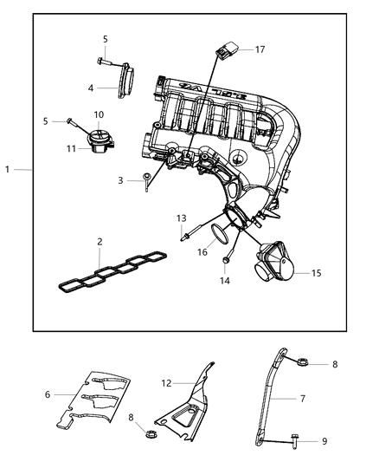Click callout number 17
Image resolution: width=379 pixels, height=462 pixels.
click(260, 49)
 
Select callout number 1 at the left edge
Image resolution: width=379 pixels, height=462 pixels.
click(7, 170)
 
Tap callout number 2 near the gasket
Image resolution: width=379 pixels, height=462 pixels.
click(100, 242)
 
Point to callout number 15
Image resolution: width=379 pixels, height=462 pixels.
click(318, 273)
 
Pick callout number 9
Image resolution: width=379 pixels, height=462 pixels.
click(325, 441)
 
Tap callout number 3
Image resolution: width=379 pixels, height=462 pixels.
click(122, 179)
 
